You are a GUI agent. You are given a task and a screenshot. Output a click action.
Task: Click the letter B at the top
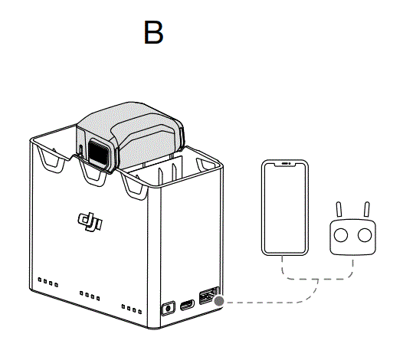coord(153,33)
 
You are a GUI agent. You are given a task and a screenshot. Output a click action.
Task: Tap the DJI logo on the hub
coord(88,221)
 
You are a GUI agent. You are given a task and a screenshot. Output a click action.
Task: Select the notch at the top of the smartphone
coord(284,164)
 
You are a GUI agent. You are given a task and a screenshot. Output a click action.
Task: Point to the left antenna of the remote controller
coord(340,209)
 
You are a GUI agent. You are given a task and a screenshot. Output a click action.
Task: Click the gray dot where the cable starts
coord(221,300)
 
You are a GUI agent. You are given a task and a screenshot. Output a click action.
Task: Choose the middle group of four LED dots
coord(90,296)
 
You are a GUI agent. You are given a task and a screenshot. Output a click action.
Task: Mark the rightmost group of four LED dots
coord(132,309)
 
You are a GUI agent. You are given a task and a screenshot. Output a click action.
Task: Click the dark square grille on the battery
coord(98,149)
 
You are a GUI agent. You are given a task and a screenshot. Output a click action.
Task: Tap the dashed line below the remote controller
coord(352,268)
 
